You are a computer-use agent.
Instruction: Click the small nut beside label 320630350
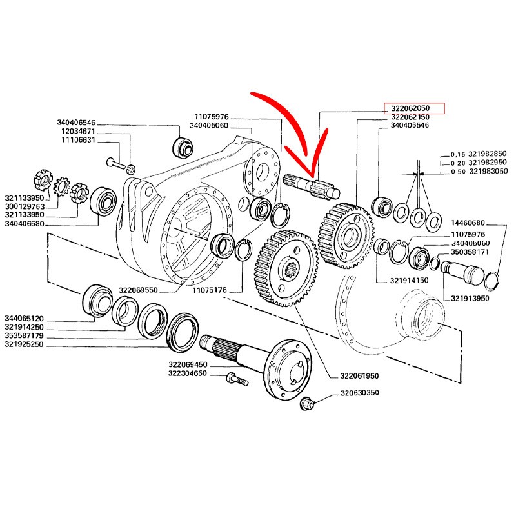pos(308,402)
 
